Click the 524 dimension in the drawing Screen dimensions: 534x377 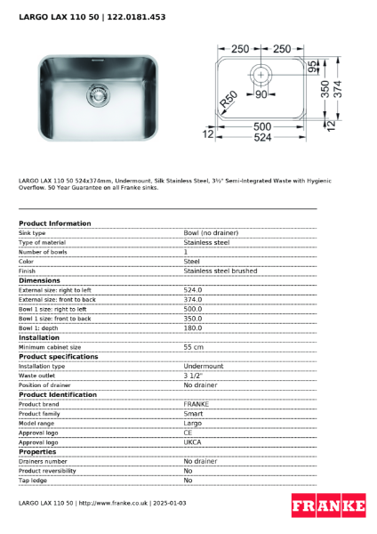pyautogui.click(x=261, y=137)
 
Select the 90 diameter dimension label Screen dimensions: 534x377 pyautogui.click(x=261, y=93)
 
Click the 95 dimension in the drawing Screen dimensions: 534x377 pyautogui.click(x=314, y=68)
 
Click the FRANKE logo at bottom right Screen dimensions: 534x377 pyautogui.click(x=328, y=506)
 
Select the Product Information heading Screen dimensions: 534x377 pyautogui.click(x=54, y=223)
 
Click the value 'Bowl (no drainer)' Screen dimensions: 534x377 pyautogui.click(x=211, y=232)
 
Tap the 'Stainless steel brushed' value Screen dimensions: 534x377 pyautogui.click(x=220, y=271)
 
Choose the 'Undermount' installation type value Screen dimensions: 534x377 pyautogui.click(x=204, y=366)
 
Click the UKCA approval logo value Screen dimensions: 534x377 pyautogui.click(x=193, y=442)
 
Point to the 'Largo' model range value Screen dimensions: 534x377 pyautogui.click(x=192, y=423)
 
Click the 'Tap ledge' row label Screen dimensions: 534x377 pyautogui.click(x=33, y=481)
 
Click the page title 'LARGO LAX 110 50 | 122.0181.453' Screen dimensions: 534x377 pyautogui.click(x=92, y=17)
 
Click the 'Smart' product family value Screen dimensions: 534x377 pyautogui.click(x=192, y=414)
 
